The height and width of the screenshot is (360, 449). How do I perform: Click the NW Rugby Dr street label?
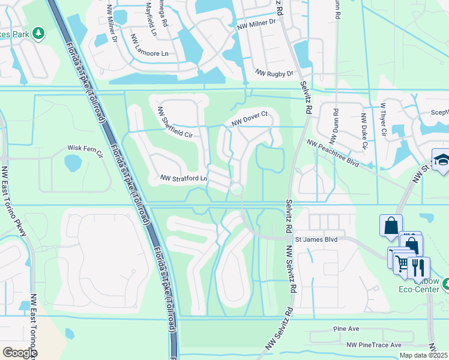[x=274, y=73]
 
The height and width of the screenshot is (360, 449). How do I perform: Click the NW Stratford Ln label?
[x=184, y=178]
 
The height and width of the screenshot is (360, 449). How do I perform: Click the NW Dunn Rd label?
[x=336, y=122]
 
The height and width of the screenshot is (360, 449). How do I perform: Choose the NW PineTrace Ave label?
[x=373, y=345]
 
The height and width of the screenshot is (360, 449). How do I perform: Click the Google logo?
[x=20, y=353]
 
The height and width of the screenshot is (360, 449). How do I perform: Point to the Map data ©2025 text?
[x=424, y=355]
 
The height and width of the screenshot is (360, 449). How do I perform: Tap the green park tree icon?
[x=38, y=32]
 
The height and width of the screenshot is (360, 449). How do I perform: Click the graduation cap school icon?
[x=441, y=160]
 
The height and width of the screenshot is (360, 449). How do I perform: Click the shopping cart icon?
[x=401, y=262]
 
